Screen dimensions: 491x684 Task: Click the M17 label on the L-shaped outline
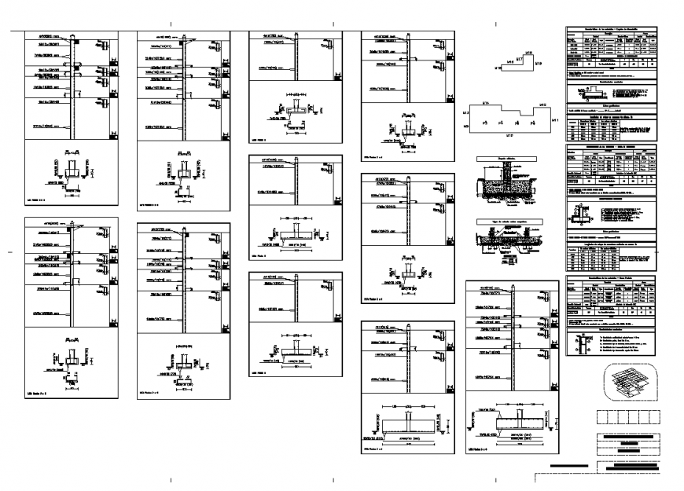click(x=520, y=60)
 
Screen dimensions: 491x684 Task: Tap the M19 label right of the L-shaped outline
click(x=539, y=63)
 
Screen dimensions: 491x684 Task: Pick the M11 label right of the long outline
click(x=556, y=119)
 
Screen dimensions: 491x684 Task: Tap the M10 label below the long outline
click(x=509, y=137)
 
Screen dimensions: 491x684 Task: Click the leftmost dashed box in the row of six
click(x=603, y=417)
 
